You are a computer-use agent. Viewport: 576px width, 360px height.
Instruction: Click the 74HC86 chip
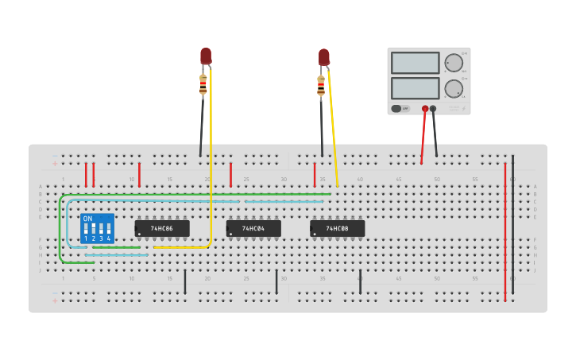click(x=162, y=229)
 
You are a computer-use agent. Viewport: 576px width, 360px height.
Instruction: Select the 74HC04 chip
click(x=253, y=229)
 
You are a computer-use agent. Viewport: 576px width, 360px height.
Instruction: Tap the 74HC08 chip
click(x=338, y=229)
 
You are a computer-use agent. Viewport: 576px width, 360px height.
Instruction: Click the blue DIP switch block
click(x=97, y=228)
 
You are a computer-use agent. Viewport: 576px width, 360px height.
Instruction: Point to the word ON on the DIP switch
click(x=87, y=218)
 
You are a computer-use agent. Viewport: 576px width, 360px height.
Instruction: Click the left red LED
click(x=206, y=56)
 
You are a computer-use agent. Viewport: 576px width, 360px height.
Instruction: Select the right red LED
click(x=324, y=57)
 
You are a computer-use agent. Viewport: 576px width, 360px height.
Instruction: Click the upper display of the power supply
click(x=415, y=63)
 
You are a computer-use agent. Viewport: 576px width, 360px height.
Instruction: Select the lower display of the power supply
click(x=415, y=87)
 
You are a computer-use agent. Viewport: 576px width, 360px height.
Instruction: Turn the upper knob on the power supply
click(x=454, y=63)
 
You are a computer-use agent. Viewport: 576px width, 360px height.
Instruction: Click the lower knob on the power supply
click(x=454, y=88)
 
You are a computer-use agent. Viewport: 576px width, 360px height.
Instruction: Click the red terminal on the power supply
click(x=425, y=108)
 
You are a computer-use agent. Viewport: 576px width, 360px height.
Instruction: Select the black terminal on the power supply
click(x=433, y=108)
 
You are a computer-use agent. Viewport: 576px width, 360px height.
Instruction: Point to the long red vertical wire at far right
click(x=504, y=230)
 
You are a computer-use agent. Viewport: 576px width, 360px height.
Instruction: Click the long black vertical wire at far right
click(x=512, y=230)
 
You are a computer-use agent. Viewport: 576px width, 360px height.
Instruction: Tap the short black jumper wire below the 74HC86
click(x=185, y=281)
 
